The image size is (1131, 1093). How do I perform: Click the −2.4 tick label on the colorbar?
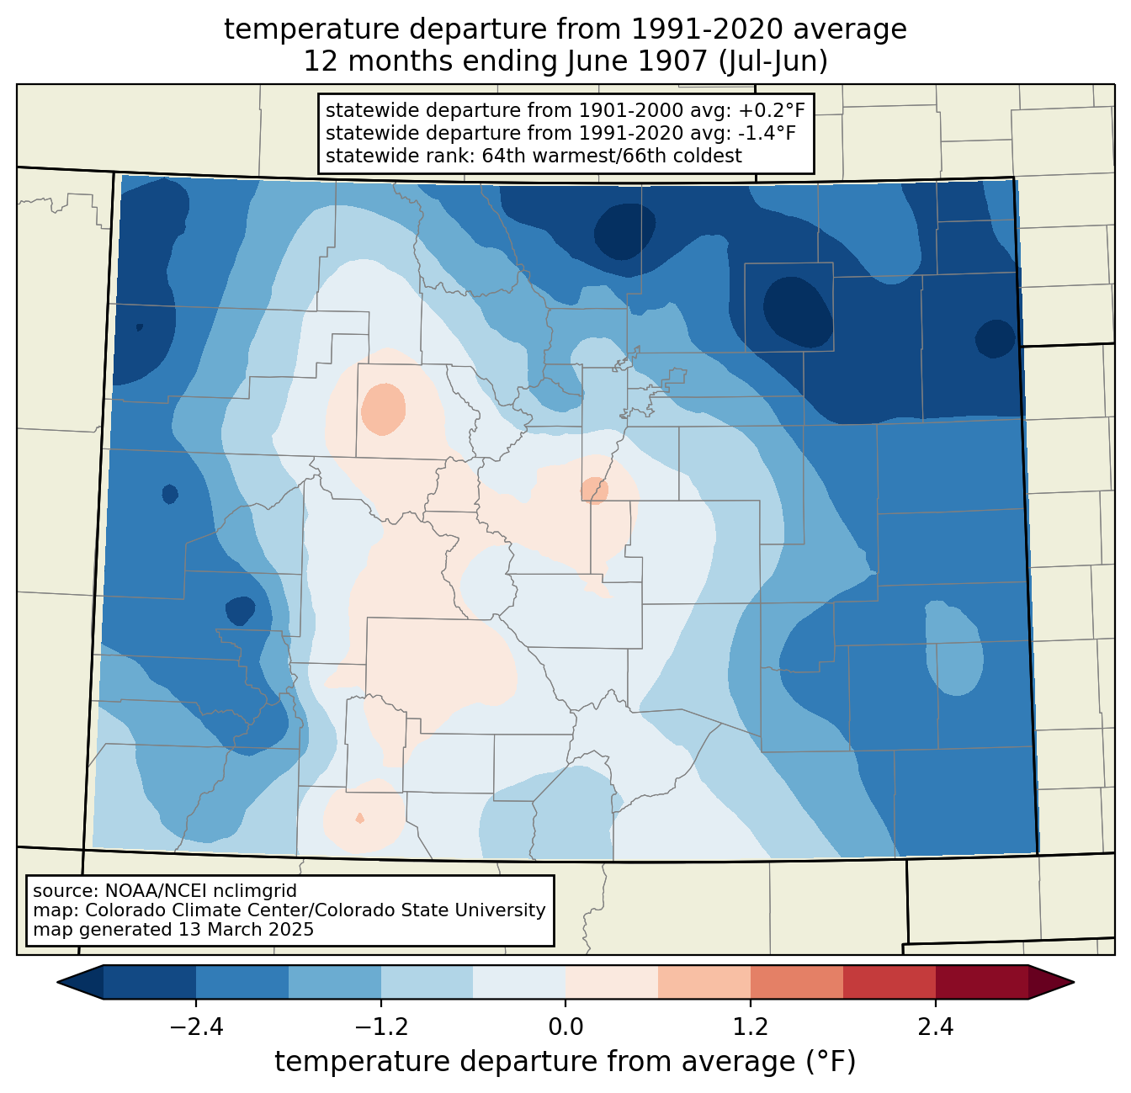click(x=196, y=1027)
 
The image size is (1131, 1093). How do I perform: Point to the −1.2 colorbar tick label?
click(x=381, y=1027)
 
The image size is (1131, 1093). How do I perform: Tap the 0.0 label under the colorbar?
click(x=565, y=1027)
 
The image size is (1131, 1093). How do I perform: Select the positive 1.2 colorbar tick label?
click(x=751, y=1027)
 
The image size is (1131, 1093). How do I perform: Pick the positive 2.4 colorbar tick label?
click(x=936, y=1027)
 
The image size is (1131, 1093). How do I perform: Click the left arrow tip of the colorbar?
click(x=57, y=983)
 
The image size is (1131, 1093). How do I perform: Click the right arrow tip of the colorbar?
click(x=1074, y=983)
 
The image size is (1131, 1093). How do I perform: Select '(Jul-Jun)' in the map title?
click(x=773, y=62)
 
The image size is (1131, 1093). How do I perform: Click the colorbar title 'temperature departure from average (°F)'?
click(x=565, y=1062)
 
